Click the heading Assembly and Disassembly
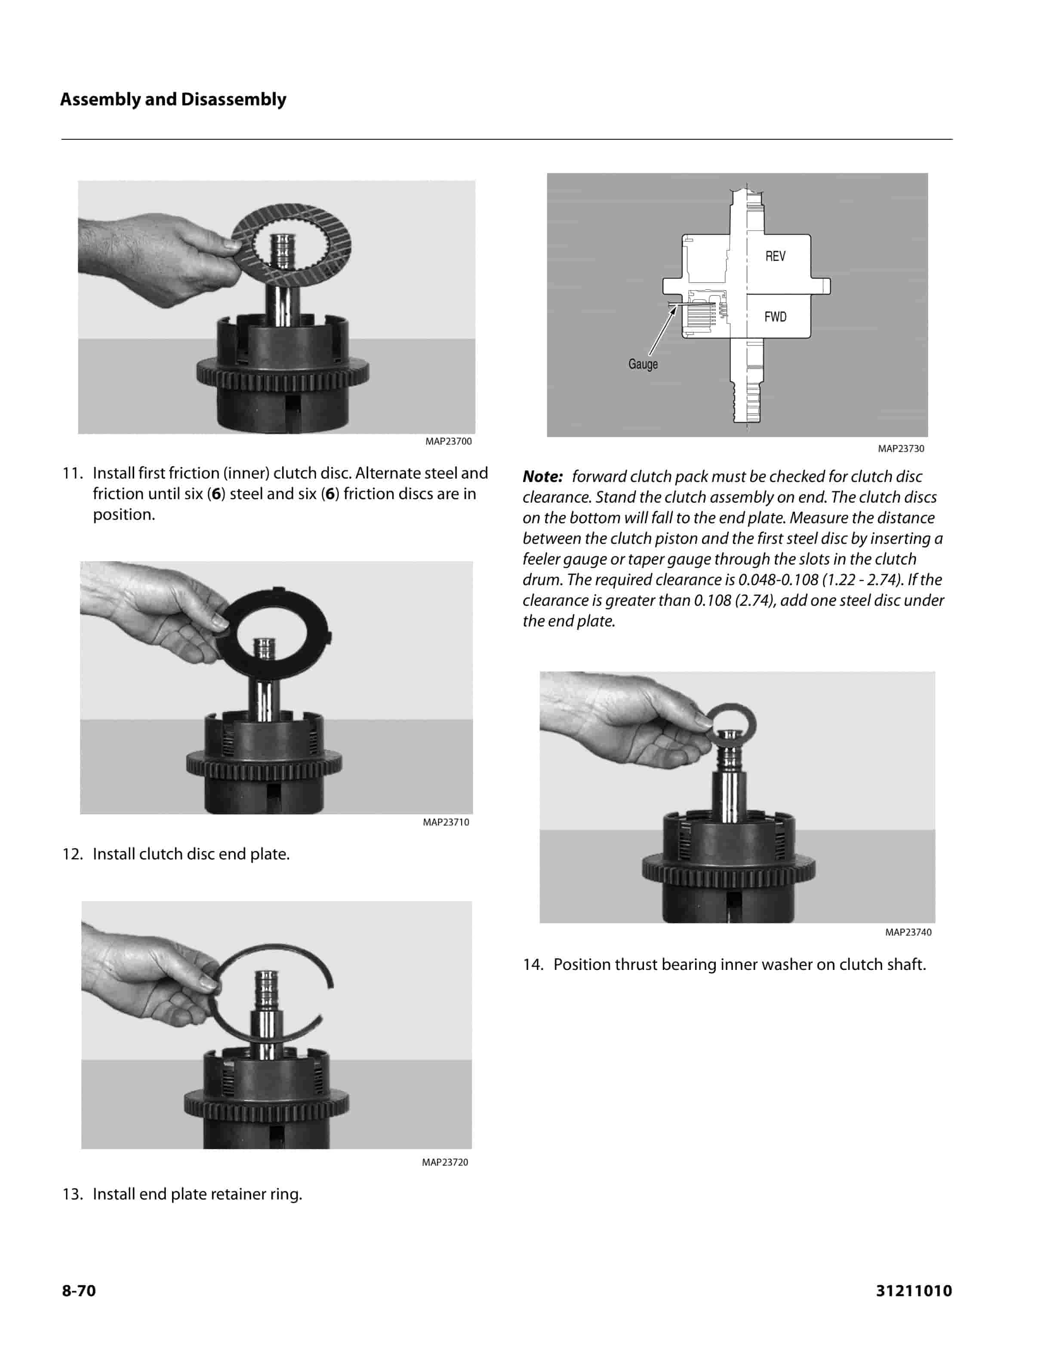click(173, 100)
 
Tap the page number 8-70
click(79, 1290)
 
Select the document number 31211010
click(914, 1290)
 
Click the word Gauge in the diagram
click(643, 364)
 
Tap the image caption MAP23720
click(444, 1162)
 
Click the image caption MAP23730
click(901, 448)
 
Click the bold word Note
click(542, 476)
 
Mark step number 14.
click(533, 964)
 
